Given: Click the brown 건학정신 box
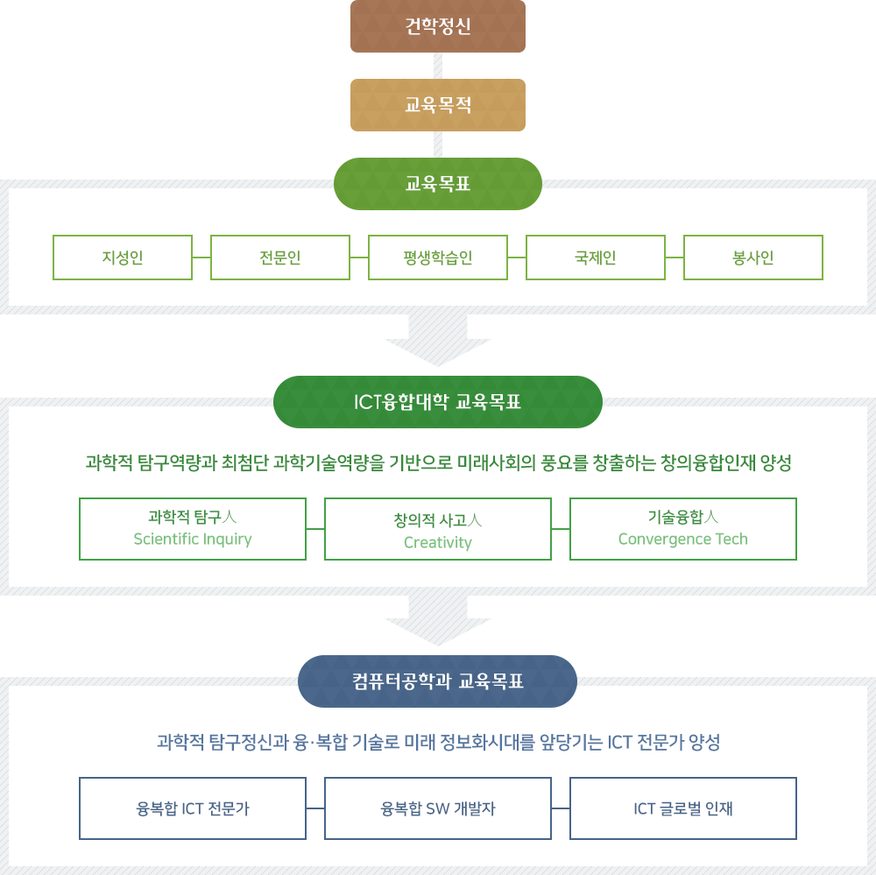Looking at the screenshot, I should click(x=438, y=26).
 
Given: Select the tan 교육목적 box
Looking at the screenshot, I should click(x=438, y=105).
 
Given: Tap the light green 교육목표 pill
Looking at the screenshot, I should click(x=438, y=184).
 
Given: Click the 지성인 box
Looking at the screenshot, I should click(x=123, y=258).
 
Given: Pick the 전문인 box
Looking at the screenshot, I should click(x=280, y=258).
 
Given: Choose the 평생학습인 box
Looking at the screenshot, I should click(x=438, y=258).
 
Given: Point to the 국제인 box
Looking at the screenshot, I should click(x=596, y=258).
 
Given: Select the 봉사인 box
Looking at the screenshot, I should click(x=753, y=258).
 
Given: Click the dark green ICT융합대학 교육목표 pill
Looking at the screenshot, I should click(x=438, y=402).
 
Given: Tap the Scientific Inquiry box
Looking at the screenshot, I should click(x=193, y=529).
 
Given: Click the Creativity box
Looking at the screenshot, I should click(x=438, y=529).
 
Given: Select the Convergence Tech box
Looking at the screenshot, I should click(x=683, y=529).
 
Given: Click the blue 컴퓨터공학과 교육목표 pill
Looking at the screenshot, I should click(x=438, y=681).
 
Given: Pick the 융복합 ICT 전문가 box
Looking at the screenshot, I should click(x=193, y=808).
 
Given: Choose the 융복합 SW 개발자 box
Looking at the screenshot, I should click(x=438, y=808).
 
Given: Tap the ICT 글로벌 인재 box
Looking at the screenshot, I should click(x=683, y=808).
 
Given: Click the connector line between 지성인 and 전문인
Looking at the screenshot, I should click(x=201, y=258).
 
